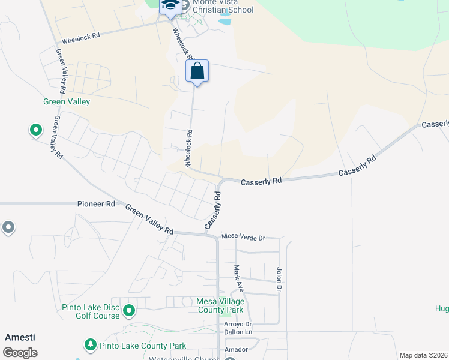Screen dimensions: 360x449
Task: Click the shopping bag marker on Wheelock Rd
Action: (197, 71)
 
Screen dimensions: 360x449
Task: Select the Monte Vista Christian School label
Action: (218, 7)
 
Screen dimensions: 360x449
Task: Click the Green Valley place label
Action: (67, 101)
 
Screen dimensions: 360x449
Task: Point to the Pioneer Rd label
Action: (96, 204)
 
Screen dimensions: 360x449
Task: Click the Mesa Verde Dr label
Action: (243, 238)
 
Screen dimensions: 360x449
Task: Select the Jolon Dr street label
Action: (279, 280)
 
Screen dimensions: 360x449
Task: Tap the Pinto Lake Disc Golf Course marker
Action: (128, 311)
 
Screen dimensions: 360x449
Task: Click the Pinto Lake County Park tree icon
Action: (90, 346)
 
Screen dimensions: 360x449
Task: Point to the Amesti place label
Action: (20, 337)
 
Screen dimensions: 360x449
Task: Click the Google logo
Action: (20, 353)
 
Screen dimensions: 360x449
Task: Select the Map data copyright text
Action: (423, 355)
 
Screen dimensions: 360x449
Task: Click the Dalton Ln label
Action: (236, 332)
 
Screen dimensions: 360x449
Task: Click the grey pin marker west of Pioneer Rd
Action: (8, 227)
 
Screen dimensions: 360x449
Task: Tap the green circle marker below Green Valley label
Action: (35, 130)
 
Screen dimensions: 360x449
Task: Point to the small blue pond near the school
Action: (224, 22)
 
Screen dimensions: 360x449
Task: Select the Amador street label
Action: (236, 349)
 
